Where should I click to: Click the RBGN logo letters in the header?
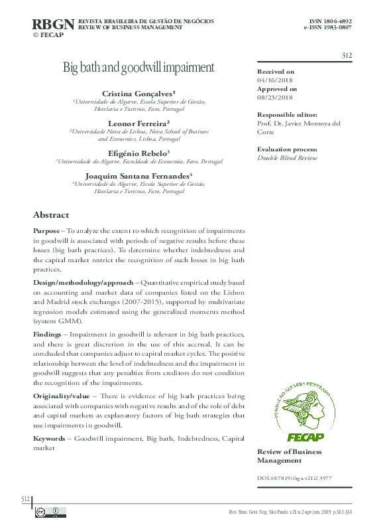click(x=53, y=25)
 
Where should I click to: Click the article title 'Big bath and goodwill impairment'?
click(x=138, y=67)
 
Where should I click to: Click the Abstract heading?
click(x=51, y=215)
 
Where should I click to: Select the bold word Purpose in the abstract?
click(x=48, y=230)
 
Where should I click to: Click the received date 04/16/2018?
click(x=275, y=80)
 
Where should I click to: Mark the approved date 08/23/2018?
click(x=275, y=97)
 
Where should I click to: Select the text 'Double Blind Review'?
click(x=287, y=158)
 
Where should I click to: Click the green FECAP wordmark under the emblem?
click(x=304, y=437)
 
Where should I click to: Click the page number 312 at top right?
click(x=346, y=55)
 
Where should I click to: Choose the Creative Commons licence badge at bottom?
click(x=50, y=512)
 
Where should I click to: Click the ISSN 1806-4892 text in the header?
click(x=328, y=21)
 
